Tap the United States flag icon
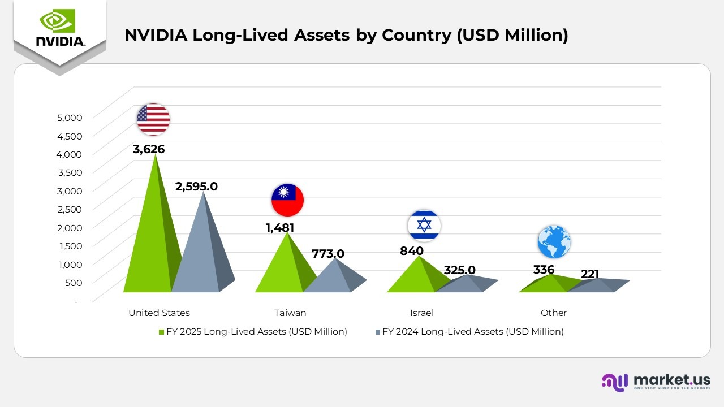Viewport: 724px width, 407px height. pos(153,119)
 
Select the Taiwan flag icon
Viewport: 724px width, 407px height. pos(287,200)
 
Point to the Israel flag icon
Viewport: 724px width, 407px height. pos(424,226)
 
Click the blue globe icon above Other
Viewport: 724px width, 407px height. pos(554,242)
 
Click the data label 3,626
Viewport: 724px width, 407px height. pos(149,150)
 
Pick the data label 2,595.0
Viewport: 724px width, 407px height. pos(196,187)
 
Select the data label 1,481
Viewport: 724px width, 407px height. pos(280,228)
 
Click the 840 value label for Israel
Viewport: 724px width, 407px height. pos(412,251)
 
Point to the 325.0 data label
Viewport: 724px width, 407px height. pos(459,270)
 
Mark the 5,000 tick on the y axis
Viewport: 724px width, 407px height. pos(70,118)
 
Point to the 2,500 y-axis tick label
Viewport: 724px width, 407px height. pos(70,209)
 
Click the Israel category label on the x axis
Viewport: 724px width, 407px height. pos(422,313)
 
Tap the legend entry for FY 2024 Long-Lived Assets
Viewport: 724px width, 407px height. pos(469,332)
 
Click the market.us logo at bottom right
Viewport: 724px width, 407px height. pos(656,382)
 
